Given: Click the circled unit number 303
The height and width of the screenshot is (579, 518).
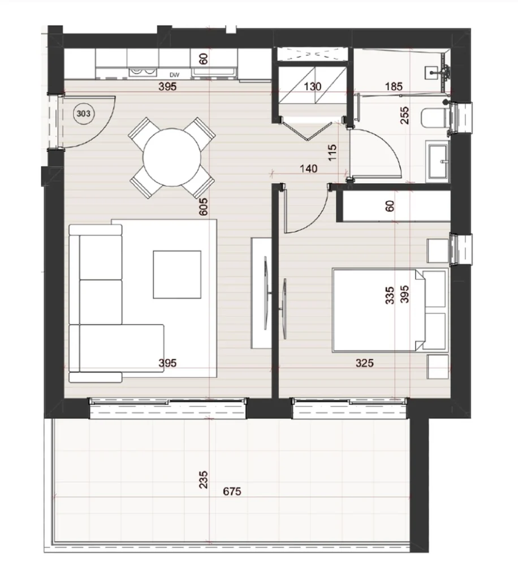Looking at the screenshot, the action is pyautogui.click(x=84, y=114).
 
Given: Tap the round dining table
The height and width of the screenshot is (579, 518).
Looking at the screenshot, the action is pyautogui.click(x=172, y=158).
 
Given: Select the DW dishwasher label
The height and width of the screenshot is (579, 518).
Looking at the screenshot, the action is pyautogui.click(x=175, y=75).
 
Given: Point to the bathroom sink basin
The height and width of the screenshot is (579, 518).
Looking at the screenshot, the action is pyautogui.click(x=438, y=161).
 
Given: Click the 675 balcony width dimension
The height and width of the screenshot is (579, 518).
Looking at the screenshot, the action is pyautogui.click(x=232, y=491).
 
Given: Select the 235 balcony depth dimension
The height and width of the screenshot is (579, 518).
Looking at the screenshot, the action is pyautogui.click(x=203, y=479).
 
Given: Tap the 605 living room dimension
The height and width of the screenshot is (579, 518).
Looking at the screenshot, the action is pyautogui.click(x=203, y=207).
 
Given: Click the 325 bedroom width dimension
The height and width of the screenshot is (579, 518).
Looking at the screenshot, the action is pyautogui.click(x=365, y=363).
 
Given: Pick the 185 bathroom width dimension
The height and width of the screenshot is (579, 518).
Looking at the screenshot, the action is pyautogui.click(x=394, y=87).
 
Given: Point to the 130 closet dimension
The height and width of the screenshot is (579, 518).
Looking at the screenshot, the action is pyautogui.click(x=312, y=87).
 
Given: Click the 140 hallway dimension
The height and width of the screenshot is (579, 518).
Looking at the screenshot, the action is pyautogui.click(x=309, y=168).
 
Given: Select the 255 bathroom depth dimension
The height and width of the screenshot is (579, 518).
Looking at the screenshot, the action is pyautogui.click(x=405, y=115).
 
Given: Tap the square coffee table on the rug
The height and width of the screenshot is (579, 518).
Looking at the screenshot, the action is pyautogui.click(x=177, y=274).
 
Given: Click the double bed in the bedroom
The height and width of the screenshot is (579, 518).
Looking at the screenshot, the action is pyautogui.click(x=390, y=310).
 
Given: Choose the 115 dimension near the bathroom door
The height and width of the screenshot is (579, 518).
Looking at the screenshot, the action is pyautogui.click(x=333, y=153).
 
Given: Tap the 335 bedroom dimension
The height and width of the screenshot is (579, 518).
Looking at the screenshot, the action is pyautogui.click(x=390, y=295).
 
